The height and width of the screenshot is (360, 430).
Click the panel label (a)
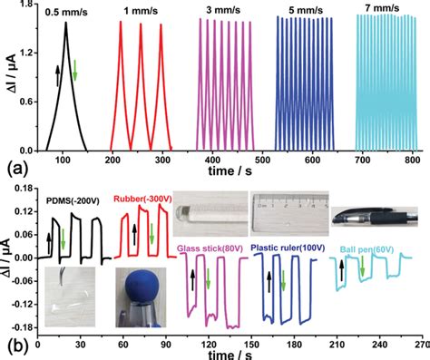point(13,169)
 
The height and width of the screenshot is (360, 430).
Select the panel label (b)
point(13,345)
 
